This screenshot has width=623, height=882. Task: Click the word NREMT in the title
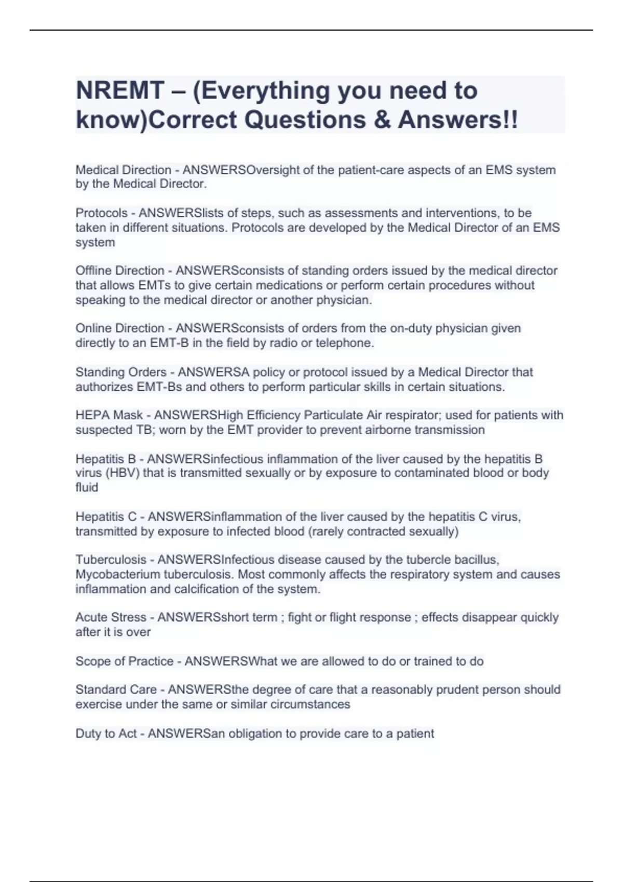[x=120, y=91]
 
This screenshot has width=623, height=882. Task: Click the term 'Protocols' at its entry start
[x=102, y=213]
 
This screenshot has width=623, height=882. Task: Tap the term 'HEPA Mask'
[x=109, y=416]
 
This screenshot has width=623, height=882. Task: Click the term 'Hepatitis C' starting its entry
[x=106, y=517]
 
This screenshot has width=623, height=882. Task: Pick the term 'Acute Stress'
[x=111, y=617]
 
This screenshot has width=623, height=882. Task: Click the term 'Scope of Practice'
[x=125, y=661]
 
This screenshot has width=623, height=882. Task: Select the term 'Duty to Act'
[x=106, y=734]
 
